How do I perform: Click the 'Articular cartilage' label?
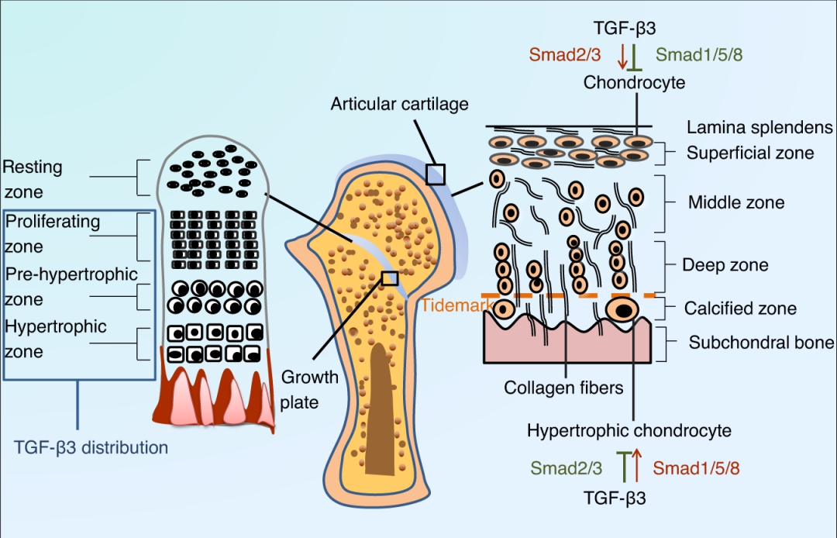pos(399,103)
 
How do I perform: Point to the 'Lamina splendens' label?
pos(759,127)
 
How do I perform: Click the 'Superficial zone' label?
pos(749,153)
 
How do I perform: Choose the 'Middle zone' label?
pos(735,203)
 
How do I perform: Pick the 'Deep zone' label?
pos(725,265)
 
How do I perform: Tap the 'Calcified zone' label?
pos(739,309)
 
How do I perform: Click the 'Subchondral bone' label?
pos(761,343)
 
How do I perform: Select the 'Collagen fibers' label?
pos(563,387)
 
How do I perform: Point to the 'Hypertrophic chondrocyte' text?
pos(629,429)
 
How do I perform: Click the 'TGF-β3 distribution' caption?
pos(91,447)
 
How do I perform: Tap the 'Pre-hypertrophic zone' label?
pos(71,286)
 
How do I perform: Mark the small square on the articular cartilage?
pos(436,174)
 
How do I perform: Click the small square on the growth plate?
pos(390,278)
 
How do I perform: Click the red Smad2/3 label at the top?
pos(565,54)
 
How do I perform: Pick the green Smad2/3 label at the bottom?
pos(566,467)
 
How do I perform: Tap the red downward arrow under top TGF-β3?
pos(622,56)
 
